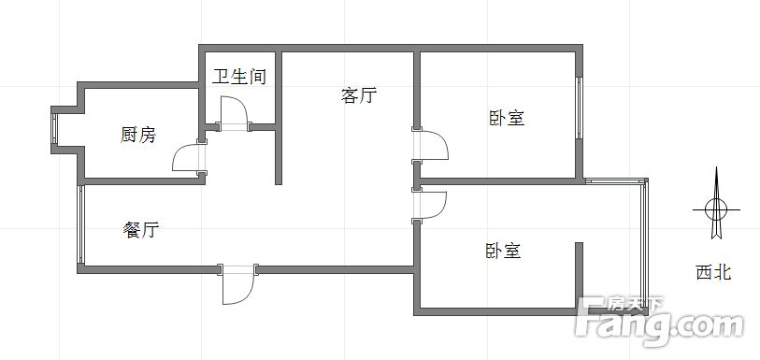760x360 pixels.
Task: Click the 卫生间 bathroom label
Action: pyautogui.click(x=239, y=77)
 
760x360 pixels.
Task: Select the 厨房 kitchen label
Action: pyautogui.click(x=138, y=136)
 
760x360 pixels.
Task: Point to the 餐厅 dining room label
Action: pyautogui.click(x=140, y=229)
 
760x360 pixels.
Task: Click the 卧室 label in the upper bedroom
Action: pyautogui.click(x=506, y=119)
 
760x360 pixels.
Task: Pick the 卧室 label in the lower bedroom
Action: pyautogui.click(x=503, y=251)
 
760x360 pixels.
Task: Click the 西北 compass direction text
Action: pyautogui.click(x=713, y=272)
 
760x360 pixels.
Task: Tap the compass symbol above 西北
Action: pyautogui.click(x=715, y=208)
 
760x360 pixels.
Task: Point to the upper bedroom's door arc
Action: pyautogui.click(x=434, y=147)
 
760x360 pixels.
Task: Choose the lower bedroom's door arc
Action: pyautogui.click(x=434, y=204)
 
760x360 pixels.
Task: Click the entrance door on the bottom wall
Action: pyautogui.click(x=237, y=284)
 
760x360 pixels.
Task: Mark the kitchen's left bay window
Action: pyautogui.click(x=54, y=128)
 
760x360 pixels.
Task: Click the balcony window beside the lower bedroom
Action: pyautogui.click(x=642, y=243)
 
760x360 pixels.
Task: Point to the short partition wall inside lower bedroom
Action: pyautogui.click(x=579, y=273)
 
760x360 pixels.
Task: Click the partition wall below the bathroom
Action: pyautogui.click(x=278, y=153)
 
